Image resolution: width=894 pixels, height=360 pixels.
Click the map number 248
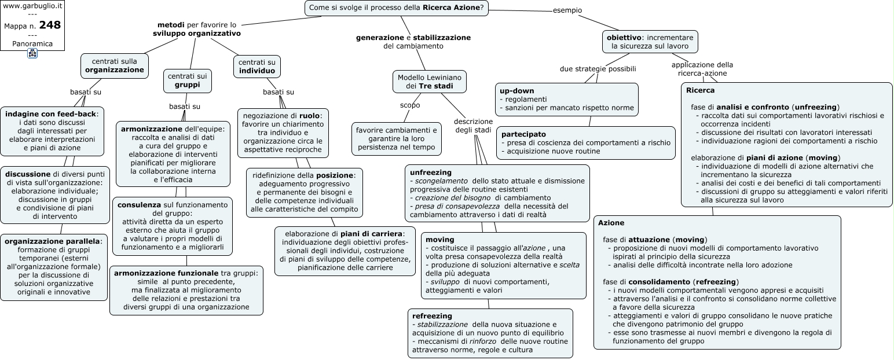coord(50,25)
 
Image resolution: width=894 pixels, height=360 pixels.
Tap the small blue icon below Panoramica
coord(32,53)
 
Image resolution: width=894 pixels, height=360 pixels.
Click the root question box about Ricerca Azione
coord(396,8)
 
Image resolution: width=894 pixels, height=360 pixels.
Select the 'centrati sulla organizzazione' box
coord(115,66)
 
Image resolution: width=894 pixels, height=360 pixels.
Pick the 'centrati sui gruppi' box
coord(187,80)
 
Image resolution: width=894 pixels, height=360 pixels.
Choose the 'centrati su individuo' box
coord(257,66)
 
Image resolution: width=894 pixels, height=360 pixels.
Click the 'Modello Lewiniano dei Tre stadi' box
coord(430,82)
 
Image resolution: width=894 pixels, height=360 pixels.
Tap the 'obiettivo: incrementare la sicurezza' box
coord(650,42)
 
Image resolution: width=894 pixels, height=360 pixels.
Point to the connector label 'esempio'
coord(567,10)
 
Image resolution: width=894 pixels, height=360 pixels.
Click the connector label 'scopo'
coord(410,105)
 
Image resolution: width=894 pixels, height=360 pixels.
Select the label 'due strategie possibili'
coord(598,69)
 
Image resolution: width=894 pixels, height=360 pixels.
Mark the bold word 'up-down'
coord(517,91)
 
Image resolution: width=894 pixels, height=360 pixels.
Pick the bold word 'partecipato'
coord(523,134)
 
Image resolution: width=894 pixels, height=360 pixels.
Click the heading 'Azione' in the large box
coord(611,223)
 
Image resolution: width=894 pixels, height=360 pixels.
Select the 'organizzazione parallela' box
coord(54,267)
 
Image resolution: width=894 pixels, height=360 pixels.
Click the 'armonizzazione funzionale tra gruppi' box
coord(186,291)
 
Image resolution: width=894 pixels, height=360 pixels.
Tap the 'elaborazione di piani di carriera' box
coord(345,251)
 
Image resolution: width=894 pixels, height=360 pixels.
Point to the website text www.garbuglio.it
coord(32,6)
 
